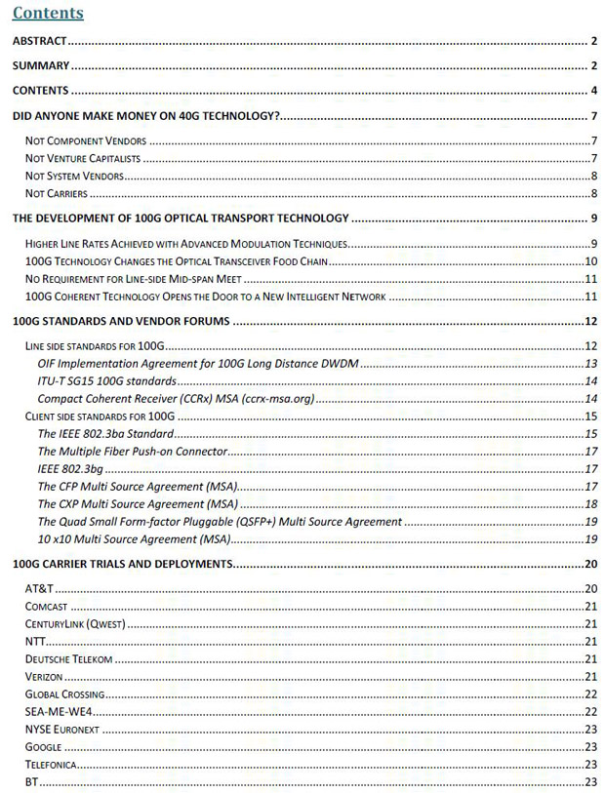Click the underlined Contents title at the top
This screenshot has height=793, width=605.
[47, 14]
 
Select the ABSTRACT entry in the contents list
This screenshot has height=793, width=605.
[38, 41]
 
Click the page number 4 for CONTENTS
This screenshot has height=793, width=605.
[593, 91]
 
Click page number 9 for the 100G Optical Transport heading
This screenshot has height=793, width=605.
[593, 218]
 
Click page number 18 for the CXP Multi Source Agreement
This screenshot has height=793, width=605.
[590, 503]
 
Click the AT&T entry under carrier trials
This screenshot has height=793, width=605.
[38, 588]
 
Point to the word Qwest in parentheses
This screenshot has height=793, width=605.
[107, 623]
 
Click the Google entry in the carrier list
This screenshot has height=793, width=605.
[44, 746]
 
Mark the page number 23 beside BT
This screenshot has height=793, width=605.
[590, 781]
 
